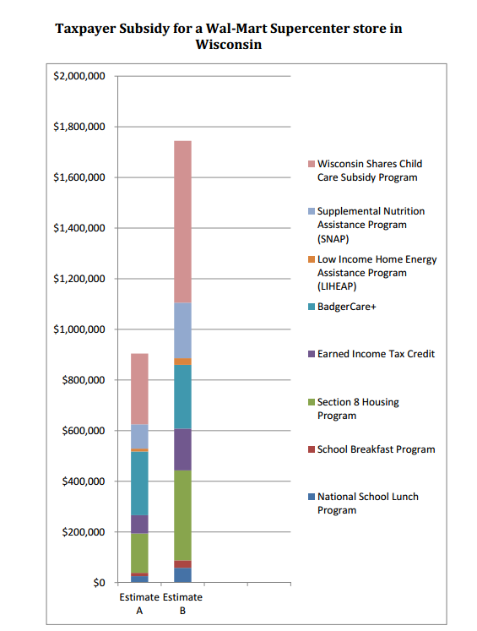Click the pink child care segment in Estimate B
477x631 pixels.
182,221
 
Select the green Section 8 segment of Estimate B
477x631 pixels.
182,515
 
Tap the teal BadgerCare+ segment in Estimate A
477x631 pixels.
139,483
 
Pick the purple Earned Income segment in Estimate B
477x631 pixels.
182,449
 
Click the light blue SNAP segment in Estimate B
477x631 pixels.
182,330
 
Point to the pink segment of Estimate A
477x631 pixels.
139,389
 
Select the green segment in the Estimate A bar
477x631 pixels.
139,553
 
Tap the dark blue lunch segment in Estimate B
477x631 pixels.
182,575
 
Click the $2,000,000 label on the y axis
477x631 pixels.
79,76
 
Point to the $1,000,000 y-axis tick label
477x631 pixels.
79,329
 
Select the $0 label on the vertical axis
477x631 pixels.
99,583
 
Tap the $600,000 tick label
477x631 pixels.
84,431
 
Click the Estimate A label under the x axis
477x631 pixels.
139,604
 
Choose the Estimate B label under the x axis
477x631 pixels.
182,604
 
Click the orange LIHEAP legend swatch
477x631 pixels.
312,259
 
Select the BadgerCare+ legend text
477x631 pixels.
347,307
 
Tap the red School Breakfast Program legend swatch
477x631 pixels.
312,449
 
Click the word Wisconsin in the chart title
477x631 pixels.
229,44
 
